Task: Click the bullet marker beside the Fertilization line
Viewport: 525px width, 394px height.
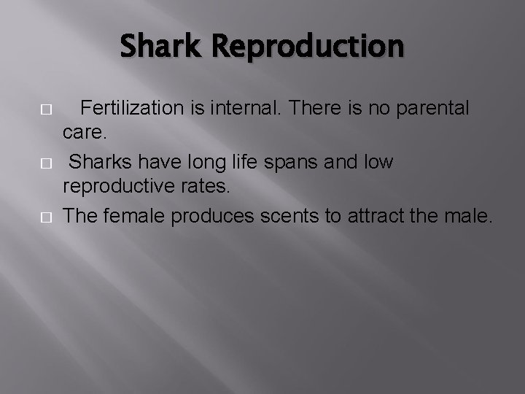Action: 46,109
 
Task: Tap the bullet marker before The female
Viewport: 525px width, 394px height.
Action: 46,217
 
